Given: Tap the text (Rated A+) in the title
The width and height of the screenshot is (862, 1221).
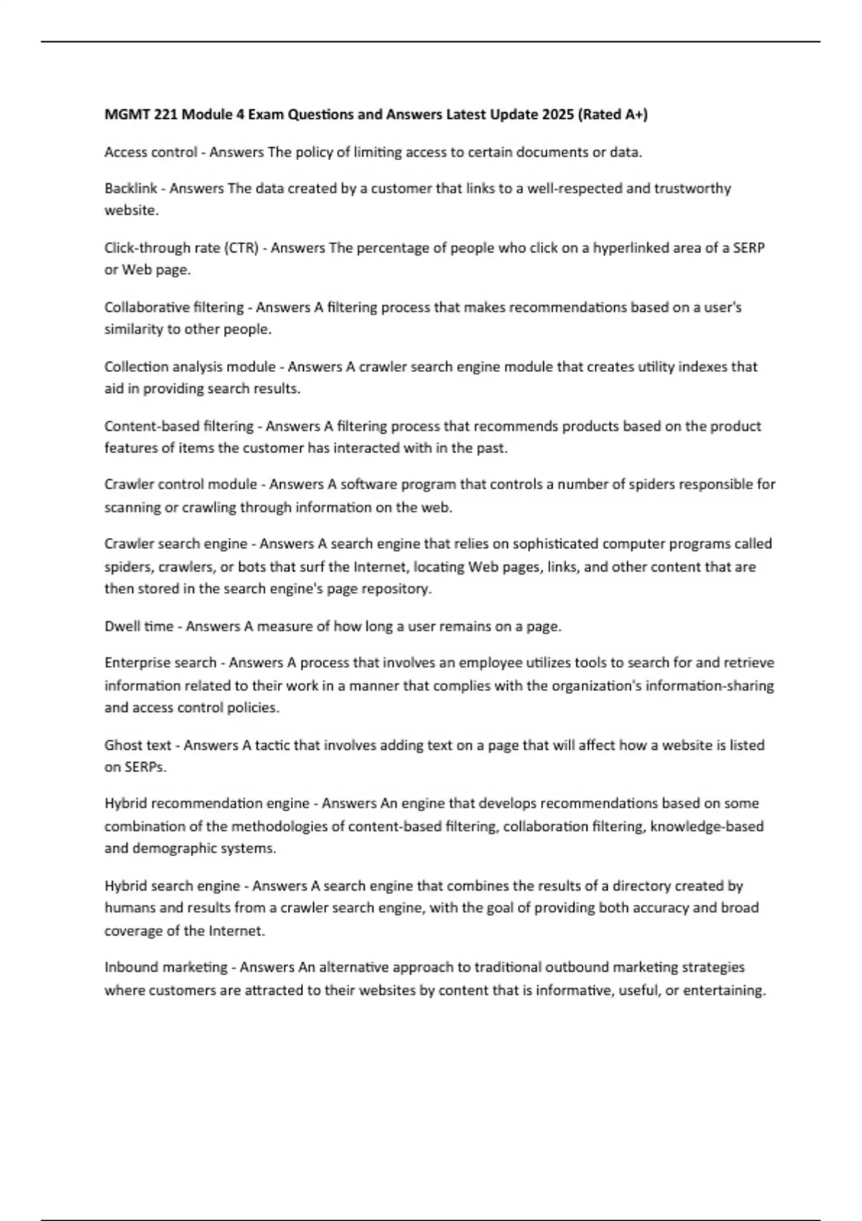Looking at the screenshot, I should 613,114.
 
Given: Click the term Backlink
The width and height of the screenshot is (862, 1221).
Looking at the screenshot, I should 130,188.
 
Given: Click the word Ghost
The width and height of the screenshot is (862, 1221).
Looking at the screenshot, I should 122,745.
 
